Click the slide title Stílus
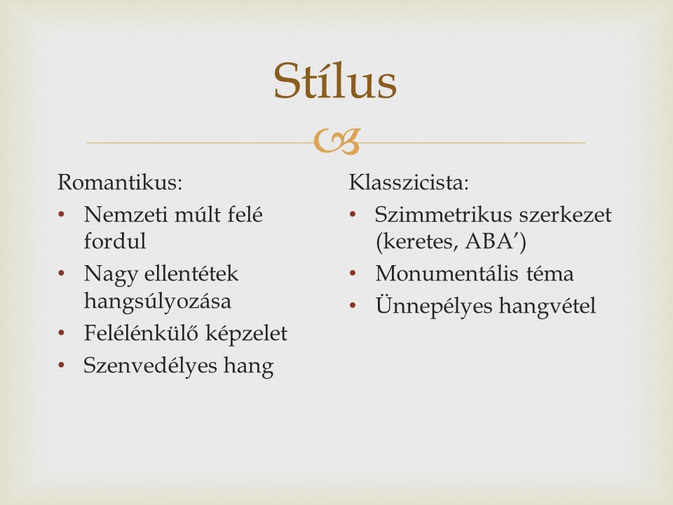pos(335,81)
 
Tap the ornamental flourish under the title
pos(336,142)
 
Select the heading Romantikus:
pos(120,182)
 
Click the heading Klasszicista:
pos(409,182)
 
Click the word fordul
pos(115,241)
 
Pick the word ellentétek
pos(191,274)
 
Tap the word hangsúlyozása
pos(158,301)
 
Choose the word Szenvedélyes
pos(150,366)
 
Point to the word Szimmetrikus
pos(443,215)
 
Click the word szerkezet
pos(565,215)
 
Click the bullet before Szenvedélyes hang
pos(61,365)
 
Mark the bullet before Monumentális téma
pos(353,273)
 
